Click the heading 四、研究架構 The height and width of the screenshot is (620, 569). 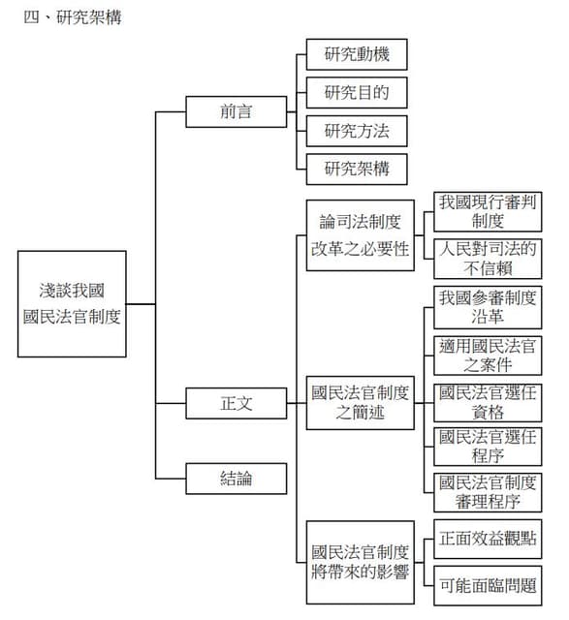pos(73,17)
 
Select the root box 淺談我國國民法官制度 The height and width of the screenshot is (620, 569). pos(72,303)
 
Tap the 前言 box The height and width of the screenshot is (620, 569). pos(237,111)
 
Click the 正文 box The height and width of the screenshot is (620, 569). pos(237,403)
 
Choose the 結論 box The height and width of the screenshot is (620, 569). pos(237,479)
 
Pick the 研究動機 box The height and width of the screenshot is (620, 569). pos(357,54)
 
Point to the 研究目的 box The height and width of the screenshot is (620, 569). pos(357,93)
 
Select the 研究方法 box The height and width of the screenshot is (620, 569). pos(357,131)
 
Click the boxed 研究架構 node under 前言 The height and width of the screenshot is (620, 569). pos(357,169)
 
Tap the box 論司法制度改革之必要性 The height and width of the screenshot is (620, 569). pos(360,235)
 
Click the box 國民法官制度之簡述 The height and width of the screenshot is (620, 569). pos(360,403)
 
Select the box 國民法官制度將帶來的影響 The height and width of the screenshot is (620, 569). pos(360,562)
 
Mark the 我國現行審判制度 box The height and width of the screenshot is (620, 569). pos(488,211)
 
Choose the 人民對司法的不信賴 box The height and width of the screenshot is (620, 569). pos(488,259)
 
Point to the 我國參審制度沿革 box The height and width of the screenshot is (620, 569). pos(488,307)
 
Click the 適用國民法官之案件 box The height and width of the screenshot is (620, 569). pos(488,356)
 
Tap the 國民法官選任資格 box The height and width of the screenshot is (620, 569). pos(488,403)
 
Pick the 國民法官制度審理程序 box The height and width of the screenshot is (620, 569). pos(488,492)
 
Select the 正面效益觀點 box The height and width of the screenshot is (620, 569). pos(488,539)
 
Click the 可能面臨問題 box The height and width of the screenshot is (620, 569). pos(488,585)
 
